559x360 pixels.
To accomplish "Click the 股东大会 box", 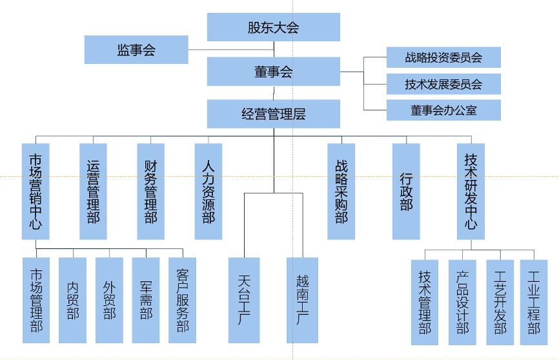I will [x=273, y=28].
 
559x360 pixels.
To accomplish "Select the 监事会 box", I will [x=136, y=50].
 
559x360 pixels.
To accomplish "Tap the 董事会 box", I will [x=273, y=71].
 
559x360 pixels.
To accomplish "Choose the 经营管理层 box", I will [x=273, y=114].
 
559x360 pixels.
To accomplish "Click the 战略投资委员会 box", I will [x=443, y=57].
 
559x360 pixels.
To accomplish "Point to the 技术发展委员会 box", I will [x=443, y=84].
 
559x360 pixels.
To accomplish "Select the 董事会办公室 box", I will [x=443, y=110].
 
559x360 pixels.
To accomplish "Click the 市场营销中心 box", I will [x=36, y=192].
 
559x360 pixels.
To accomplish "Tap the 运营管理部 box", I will [x=93, y=192].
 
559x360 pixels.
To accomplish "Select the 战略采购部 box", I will [x=341, y=192].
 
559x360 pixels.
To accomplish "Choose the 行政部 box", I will [x=406, y=192].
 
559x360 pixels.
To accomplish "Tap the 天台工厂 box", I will [x=244, y=300].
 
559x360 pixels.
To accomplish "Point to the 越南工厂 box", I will [x=302, y=300].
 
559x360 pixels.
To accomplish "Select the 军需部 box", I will [x=146, y=300].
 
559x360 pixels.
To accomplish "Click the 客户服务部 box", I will [x=182, y=300].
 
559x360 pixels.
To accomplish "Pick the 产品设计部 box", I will [x=462, y=302].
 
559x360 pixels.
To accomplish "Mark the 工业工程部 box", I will [x=534, y=302].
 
